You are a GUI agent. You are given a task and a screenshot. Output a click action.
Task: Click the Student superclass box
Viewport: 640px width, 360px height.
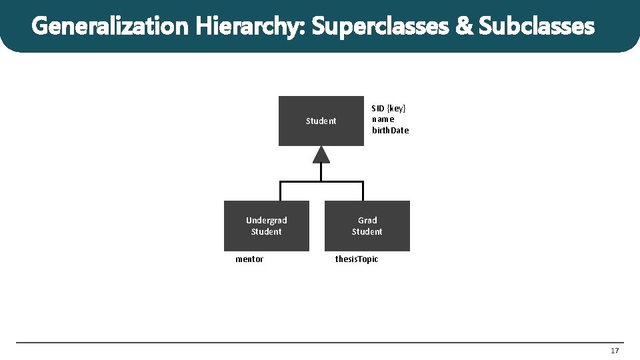pos(321,121)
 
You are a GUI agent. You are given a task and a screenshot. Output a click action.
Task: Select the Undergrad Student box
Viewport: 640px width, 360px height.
pos(267,226)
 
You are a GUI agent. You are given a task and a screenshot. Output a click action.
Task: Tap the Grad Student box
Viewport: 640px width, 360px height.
pos(367,226)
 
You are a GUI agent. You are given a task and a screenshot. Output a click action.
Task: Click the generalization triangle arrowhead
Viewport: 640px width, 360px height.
pos(321,155)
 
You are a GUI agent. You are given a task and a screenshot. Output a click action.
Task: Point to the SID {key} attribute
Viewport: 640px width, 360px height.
pos(389,108)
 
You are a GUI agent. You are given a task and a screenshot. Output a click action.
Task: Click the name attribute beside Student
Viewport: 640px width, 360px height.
pos(383,119)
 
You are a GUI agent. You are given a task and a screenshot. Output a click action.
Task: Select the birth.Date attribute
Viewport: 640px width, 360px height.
pos(390,131)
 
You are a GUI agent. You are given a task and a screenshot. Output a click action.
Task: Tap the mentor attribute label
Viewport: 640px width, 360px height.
pos(249,259)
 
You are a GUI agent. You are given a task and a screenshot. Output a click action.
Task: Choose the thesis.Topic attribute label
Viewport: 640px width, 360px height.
pos(356,259)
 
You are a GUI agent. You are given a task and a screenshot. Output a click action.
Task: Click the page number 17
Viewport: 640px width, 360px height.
pos(614,351)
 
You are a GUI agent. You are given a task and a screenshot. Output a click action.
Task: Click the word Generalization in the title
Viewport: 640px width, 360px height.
pos(111,27)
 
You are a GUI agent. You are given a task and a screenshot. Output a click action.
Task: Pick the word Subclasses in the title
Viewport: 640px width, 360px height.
pos(536,27)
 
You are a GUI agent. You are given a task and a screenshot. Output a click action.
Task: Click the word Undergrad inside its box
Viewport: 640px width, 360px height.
pos(267,221)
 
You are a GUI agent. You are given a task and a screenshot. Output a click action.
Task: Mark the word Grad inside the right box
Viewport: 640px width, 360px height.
pos(367,221)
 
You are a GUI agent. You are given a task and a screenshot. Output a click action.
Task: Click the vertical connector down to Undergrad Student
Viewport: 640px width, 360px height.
pos(280,191)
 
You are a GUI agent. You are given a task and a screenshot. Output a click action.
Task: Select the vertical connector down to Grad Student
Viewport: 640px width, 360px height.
pos(363,191)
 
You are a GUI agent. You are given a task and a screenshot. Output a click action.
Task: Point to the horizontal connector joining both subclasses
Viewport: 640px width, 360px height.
pos(321,182)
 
